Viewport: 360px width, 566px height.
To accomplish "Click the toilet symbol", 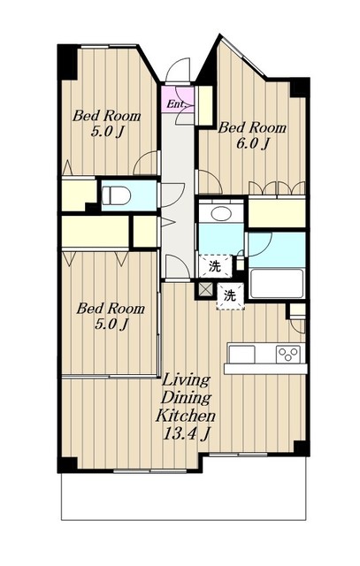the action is [x=116, y=195].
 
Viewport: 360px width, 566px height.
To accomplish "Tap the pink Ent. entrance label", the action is [x=176, y=104].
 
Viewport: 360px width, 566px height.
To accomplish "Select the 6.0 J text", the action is [x=252, y=144].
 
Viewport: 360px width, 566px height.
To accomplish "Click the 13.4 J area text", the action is [x=186, y=433].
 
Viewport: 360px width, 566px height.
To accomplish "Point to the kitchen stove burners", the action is [x=288, y=354].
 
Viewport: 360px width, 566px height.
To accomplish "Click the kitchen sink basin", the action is [x=241, y=354].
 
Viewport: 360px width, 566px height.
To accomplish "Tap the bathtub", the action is [x=277, y=283].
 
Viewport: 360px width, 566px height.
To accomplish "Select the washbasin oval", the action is [x=221, y=214].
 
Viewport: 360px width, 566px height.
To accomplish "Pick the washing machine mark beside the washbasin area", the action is [x=215, y=266].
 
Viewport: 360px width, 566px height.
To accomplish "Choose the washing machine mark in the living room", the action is [x=230, y=296].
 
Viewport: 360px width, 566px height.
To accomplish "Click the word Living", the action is [x=186, y=381].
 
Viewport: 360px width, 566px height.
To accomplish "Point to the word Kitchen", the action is [x=186, y=416].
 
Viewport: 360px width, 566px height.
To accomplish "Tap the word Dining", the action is [x=186, y=399].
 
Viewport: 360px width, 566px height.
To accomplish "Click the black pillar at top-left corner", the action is [x=67, y=62].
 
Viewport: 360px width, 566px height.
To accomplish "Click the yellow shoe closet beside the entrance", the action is [x=205, y=105].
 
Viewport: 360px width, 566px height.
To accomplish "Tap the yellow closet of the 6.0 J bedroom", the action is [x=277, y=212].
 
